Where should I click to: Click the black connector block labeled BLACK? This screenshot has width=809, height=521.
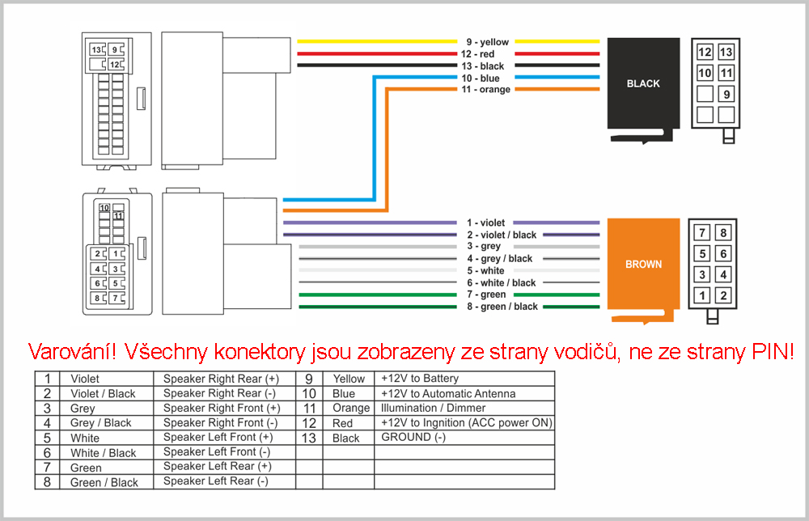[x=643, y=83]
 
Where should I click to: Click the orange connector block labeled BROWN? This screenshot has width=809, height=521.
[x=643, y=264]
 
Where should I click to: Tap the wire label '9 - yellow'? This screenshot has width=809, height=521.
[x=488, y=42]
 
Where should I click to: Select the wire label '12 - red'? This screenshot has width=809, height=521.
[x=478, y=54]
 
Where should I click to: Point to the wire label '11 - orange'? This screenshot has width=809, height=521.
[x=486, y=89]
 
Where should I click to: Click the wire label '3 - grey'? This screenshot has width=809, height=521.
[x=484, y=246]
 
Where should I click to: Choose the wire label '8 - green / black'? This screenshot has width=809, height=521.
[x=502, y=307]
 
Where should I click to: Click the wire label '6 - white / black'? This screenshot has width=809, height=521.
[x=502, y=282]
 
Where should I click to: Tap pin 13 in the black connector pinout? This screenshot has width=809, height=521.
[x=726, y=52]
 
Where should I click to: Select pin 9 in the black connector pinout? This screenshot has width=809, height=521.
[x=726, y=94]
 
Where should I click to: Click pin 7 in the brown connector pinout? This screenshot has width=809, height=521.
[x=701, y=233]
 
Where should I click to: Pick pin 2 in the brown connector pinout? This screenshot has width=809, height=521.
[x=723, y=295]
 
